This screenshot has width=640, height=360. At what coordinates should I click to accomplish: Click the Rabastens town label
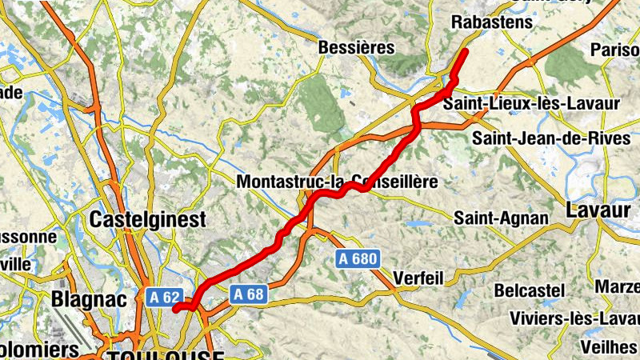(x=491, y=22)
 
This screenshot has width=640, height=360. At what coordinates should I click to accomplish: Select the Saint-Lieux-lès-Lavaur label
(x=531, y=104)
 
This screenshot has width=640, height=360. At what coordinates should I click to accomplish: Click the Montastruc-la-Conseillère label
(x=337, y=182)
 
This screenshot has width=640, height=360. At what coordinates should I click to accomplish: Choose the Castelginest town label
(x=148, y=219)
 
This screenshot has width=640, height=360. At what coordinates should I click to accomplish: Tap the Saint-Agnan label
(x=502, y=218)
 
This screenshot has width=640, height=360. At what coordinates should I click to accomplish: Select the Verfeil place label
(x=418, y=279)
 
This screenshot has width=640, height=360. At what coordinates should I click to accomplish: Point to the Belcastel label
(x=529, y=290)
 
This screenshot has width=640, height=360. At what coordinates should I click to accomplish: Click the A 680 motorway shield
(x=357, y=258)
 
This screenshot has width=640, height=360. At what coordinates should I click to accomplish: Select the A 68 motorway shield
(x=248, y=294)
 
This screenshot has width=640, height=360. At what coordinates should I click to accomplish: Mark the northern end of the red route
(x=466, y=51)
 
